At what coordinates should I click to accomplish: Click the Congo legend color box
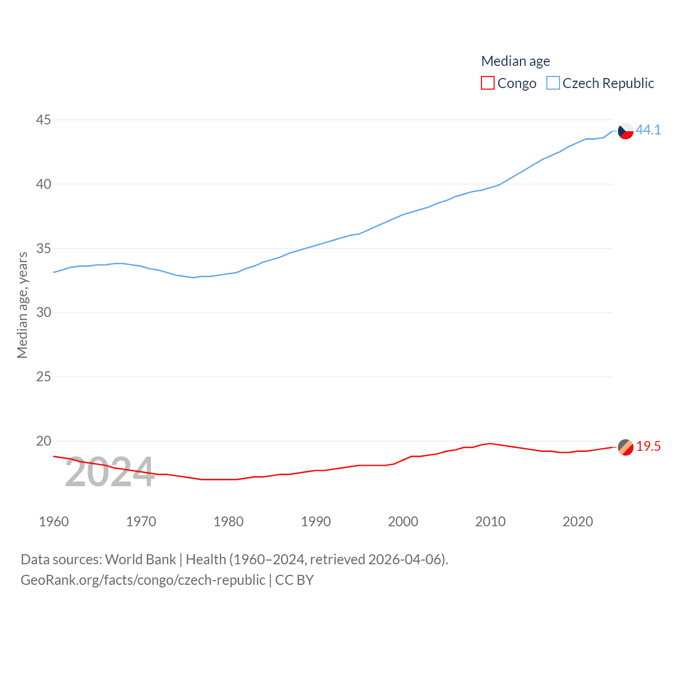(x=488, y=83)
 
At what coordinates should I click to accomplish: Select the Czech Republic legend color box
(x=553, y=83)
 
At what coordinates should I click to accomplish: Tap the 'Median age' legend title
(x=515, y=61)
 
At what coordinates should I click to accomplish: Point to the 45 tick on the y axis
(x=44, y=120)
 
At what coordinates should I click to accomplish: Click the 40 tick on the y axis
(x=44, y=185)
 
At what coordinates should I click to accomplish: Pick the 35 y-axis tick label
(x=44, y=248)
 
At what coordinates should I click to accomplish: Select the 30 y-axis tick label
(x=44, y=313)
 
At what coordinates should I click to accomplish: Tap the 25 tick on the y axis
(x=44, y=377)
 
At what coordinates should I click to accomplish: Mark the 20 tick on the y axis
(x=44, y=441)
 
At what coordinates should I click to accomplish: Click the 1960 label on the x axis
(x=54, y=522)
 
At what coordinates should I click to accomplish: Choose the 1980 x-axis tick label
(x=228, y=522)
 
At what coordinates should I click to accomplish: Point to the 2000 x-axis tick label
(x=403, y=522)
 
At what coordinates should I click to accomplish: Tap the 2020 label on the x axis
(x=577, y=522)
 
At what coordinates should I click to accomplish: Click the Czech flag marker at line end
(x=625, y=131)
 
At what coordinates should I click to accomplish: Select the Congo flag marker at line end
(x=625, y=447)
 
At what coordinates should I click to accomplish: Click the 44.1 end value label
(x=648, y=130)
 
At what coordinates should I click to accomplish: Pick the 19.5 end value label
(x=648, y=447)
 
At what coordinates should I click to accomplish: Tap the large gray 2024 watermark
(x=110, y=472)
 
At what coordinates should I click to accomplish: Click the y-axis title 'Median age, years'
(x=22, y=305)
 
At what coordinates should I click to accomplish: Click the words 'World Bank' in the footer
(x=141, y=560)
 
